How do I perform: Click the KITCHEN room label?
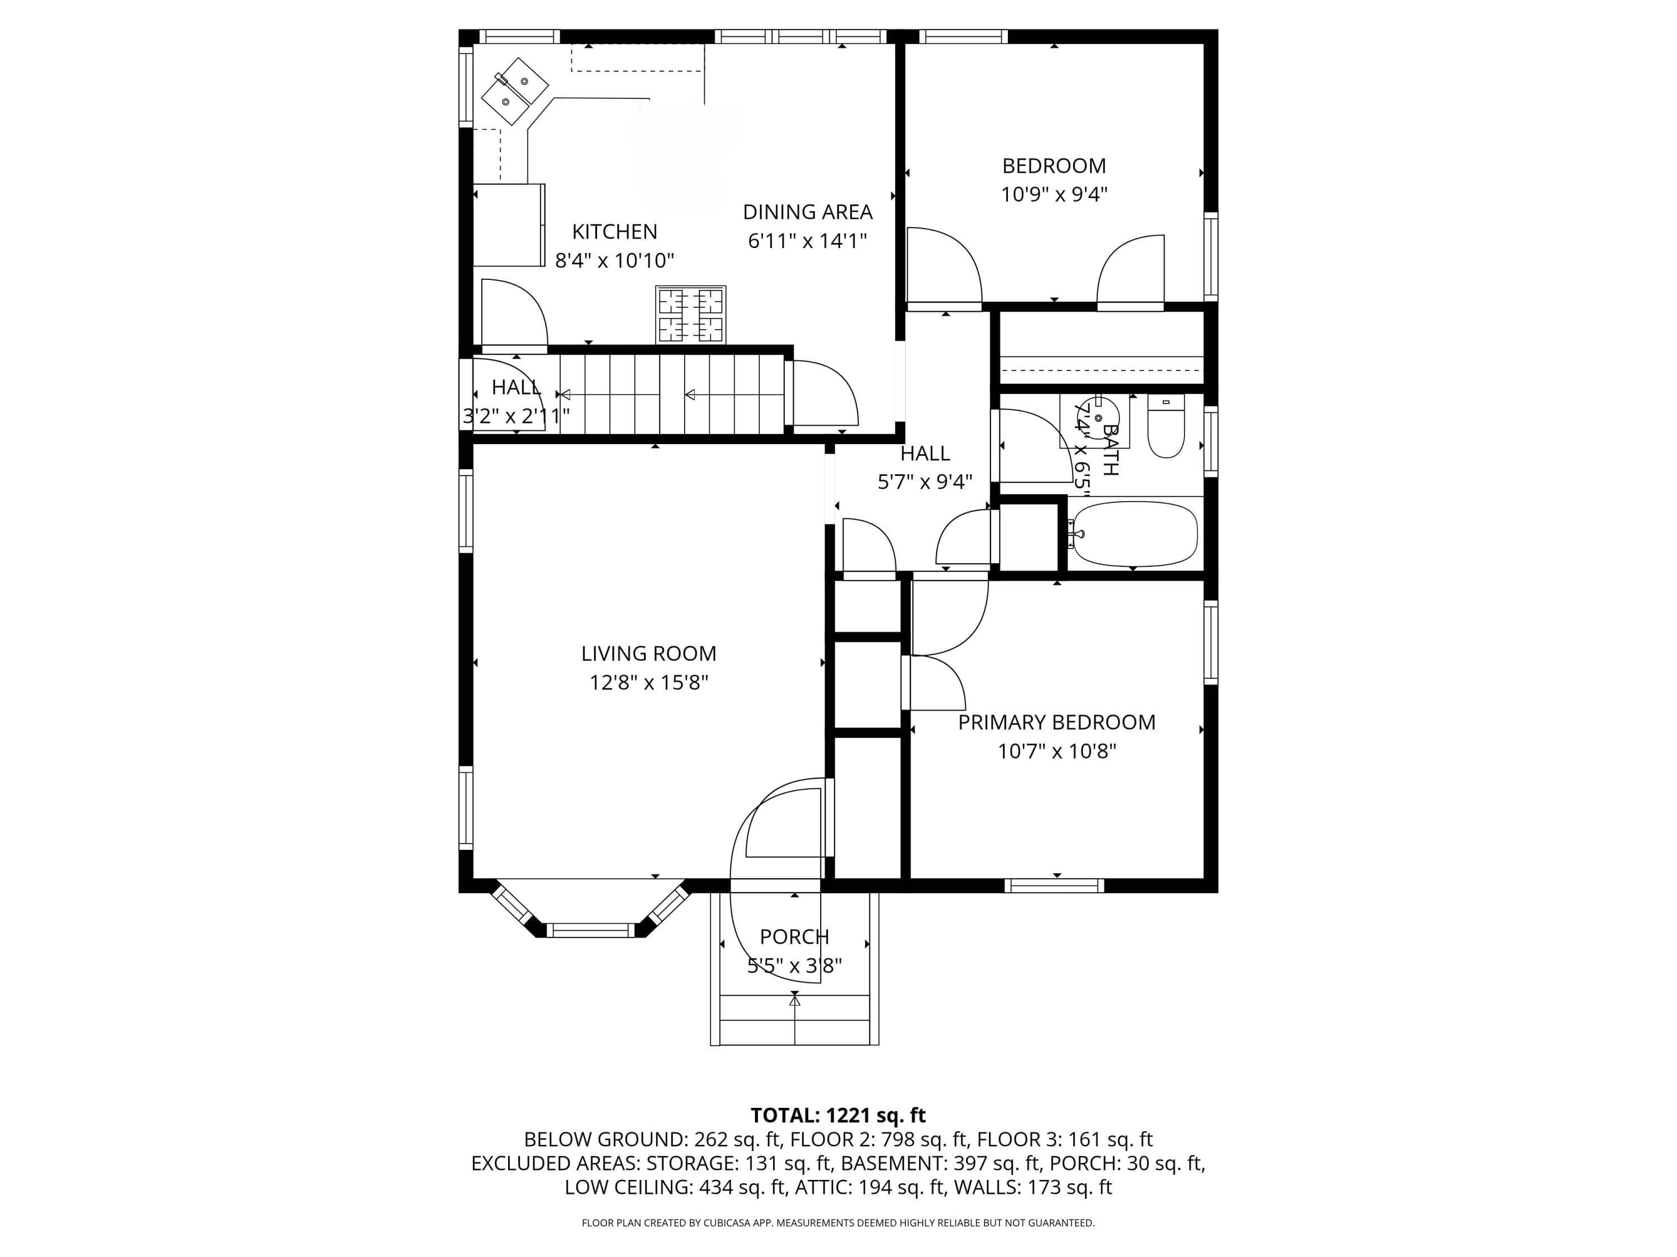click(x=614, y=231)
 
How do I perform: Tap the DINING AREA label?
click(x=807, y=212)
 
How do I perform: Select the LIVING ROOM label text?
click(x=648, y=653)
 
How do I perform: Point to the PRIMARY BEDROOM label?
click(x=1057, y=722)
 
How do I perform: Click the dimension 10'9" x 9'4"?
click(x=1054, y=194)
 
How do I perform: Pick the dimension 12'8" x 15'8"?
click(x=649, y=683)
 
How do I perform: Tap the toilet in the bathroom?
click(x=1166, y=427)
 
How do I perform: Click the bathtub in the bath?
click(x=1134, y=534)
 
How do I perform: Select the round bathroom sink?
click(x=1098, y=417)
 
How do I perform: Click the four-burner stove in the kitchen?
click(x=691, y=315)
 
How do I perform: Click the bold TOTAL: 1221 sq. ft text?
click(x=838, y=1115)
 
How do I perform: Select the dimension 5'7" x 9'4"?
click(x=925, y=482)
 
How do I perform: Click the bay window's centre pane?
click(x=591, y=930)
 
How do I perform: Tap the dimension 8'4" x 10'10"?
click(x=614, y=261)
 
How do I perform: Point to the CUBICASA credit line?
click(x=838, y=1223)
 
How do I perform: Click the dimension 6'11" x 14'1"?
click(x=807, y=241)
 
